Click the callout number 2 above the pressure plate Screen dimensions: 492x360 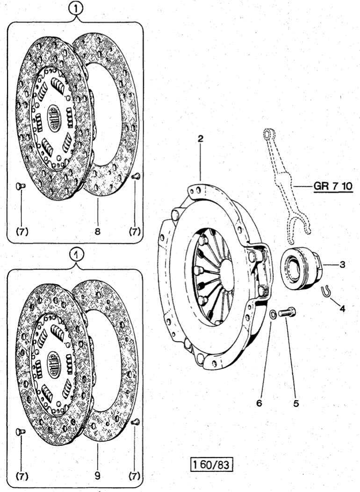coord(200,139)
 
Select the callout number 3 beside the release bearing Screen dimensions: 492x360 coord(342,265)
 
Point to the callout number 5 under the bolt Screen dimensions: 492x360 coord(296,402)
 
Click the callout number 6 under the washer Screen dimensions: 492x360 coord(259,402)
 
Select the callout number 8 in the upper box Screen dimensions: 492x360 coord(97,231)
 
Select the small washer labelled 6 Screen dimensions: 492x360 coord(272,313)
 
